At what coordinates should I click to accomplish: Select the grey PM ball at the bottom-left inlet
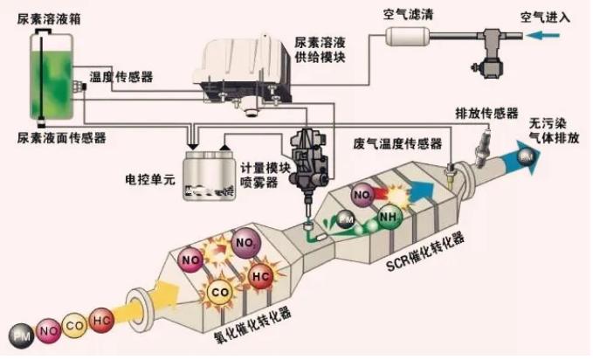coord(18,334)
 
